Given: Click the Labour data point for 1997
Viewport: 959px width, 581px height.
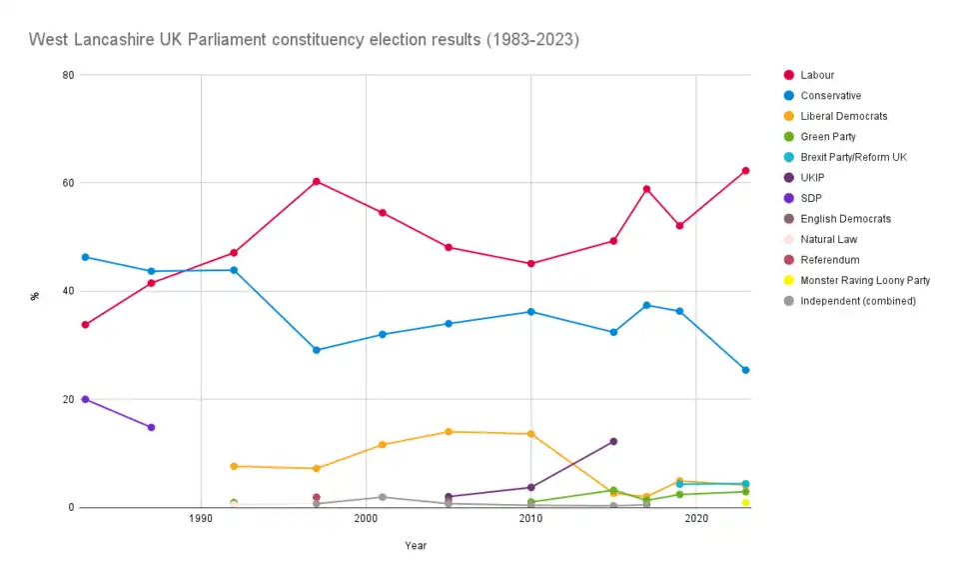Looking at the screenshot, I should click(317, 181).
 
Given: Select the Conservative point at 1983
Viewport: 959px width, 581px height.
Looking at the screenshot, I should click(85, 257).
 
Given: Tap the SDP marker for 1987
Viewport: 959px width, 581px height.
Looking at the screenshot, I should click(151, 427).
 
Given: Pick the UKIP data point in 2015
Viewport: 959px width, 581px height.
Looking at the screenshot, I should click(613, 441).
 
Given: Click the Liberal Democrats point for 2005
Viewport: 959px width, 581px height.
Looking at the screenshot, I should click(449, 431).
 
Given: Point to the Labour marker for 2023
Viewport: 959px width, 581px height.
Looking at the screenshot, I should click(745, 171).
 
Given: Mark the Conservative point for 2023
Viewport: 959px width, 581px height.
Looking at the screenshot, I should click(745, 370).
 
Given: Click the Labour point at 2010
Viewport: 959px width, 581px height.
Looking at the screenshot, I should click(530, 264).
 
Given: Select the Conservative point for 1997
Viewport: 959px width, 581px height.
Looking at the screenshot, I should click(317, 350).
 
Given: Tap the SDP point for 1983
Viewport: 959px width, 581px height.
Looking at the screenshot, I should click(85, 399).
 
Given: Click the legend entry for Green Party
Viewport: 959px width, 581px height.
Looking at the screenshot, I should click(828, 136).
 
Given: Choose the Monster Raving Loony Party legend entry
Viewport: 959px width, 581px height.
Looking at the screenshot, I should click(865, 280).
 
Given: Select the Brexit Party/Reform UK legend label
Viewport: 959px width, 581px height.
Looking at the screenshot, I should click(853, 157).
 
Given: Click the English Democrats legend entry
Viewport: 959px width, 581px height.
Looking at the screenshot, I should click(845, 218).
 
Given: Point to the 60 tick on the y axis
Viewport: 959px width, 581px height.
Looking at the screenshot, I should click(66, 183).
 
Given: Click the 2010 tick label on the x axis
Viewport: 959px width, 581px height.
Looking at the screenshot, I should click(530, 519).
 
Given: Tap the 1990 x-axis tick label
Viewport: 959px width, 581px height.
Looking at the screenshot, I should click(201, 519).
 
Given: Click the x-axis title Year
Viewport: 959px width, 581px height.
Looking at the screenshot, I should click(416, 545).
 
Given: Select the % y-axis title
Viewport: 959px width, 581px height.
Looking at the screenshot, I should click(35, 296).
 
